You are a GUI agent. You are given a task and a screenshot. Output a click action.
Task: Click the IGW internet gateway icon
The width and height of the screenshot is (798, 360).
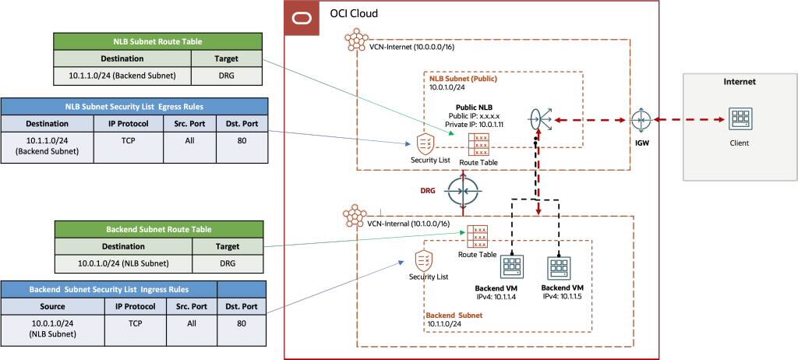pos(641,122)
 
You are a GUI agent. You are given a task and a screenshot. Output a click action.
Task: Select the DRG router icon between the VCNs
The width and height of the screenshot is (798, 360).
pos(463,190)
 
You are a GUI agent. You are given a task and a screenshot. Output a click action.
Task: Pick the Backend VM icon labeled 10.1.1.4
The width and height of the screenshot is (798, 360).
pos(512,268)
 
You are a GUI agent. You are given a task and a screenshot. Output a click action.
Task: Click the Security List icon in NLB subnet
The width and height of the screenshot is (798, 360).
pos(425,143)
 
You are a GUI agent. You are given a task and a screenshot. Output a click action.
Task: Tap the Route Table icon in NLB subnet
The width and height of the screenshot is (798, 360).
pos(478,145)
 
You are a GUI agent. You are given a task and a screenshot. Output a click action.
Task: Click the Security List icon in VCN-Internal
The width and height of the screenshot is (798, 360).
pos(425,260)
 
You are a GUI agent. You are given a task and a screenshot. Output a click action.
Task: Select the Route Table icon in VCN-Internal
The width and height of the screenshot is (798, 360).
pos(478,237)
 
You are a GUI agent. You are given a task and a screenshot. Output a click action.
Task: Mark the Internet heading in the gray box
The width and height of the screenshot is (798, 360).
pos(740,81)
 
